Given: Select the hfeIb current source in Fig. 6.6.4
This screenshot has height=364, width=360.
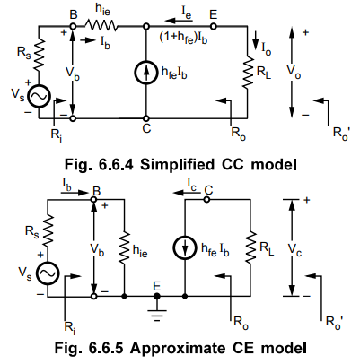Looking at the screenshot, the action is click(146, 73).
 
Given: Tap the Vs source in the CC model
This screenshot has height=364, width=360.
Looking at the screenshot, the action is click(39, 96).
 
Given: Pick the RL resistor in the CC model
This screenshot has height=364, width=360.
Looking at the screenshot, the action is click(248, 72).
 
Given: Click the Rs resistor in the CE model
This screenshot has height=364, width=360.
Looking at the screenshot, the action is click(48, 230).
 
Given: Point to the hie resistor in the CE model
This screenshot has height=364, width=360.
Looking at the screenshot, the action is click(125, 247).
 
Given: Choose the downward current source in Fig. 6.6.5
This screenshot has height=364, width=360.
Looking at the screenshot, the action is click(185, 247).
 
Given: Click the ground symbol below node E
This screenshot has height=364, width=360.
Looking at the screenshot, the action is click(156, 315).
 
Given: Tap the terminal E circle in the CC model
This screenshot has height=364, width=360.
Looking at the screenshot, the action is click(213, 26).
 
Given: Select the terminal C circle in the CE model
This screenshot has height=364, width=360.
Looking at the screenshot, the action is click(206, 199).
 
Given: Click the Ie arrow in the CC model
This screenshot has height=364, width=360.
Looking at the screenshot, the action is click(179, 21).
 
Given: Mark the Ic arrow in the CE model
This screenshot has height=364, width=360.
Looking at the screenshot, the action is click(188, 193).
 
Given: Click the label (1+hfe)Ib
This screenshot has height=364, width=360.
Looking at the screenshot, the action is click(183, 39).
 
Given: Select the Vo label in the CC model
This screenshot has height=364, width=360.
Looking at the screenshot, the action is click(294, 72).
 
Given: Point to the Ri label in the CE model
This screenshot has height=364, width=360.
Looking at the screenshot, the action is click(70, 327).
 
